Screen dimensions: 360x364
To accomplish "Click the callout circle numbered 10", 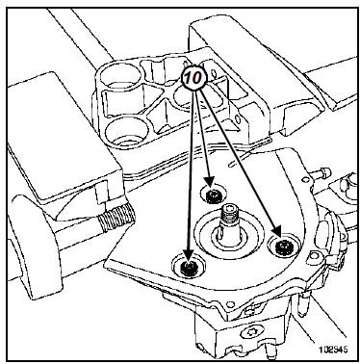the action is tap(194, 78).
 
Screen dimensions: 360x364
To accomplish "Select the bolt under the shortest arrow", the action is tap(212, 195).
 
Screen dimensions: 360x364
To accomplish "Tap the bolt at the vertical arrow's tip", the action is tap(188, 267).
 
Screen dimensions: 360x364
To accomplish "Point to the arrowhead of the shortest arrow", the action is tap(210, 183).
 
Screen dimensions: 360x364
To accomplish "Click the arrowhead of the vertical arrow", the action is tap(189, 255).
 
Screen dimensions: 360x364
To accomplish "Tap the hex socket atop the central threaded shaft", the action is tap(229, 209).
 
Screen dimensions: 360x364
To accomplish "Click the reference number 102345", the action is tap(333, 350).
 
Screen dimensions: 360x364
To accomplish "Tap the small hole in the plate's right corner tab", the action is tap(313, 258).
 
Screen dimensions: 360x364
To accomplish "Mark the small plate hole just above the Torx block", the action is tap(229, 303).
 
